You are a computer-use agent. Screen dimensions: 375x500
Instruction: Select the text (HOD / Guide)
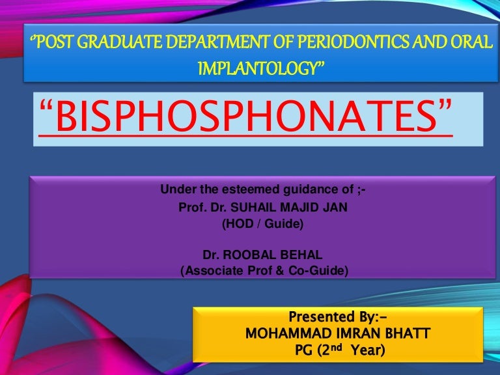(x=263, y=225)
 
